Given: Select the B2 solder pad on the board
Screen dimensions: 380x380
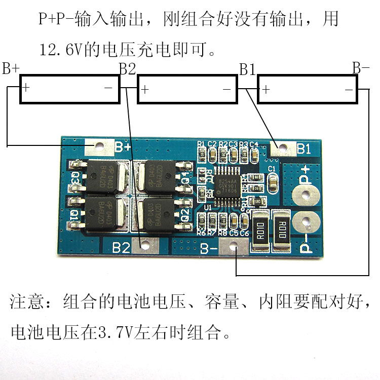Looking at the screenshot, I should click(x=147, y=244).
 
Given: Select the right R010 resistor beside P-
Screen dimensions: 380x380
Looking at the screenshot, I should click(x=282, y=229).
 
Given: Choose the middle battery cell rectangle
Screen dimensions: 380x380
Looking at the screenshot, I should click(x=187, y=90).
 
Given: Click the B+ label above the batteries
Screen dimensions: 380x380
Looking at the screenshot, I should click(x=11, y=68).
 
